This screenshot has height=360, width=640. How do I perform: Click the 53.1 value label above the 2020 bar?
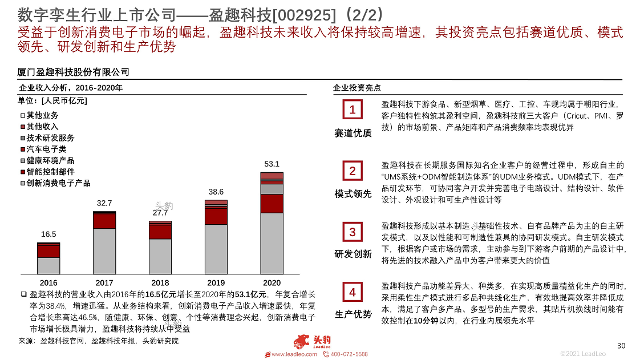pos(272,164)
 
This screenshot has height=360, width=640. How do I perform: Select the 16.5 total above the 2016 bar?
pos(48,234)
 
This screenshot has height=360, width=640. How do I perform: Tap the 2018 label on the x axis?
pos(160,282)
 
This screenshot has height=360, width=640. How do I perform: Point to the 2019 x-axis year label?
pos(216,282)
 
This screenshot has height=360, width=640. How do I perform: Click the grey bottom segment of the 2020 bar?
pos(272,244)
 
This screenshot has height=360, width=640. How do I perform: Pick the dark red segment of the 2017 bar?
pos(104,221)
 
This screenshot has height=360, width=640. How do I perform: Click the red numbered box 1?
pos(353,110)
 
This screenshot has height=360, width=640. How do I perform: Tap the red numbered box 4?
pos(353,293)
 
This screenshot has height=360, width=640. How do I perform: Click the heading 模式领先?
pos(353,194)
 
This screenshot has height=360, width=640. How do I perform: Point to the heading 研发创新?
pos(353,254)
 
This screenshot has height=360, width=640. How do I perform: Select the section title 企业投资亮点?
pos(357,88)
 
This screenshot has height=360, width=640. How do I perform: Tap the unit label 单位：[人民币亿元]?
pos(52,101)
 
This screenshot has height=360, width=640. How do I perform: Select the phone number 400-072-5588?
pos(349,354)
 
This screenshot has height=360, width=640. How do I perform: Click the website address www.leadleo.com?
pos(294,354)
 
